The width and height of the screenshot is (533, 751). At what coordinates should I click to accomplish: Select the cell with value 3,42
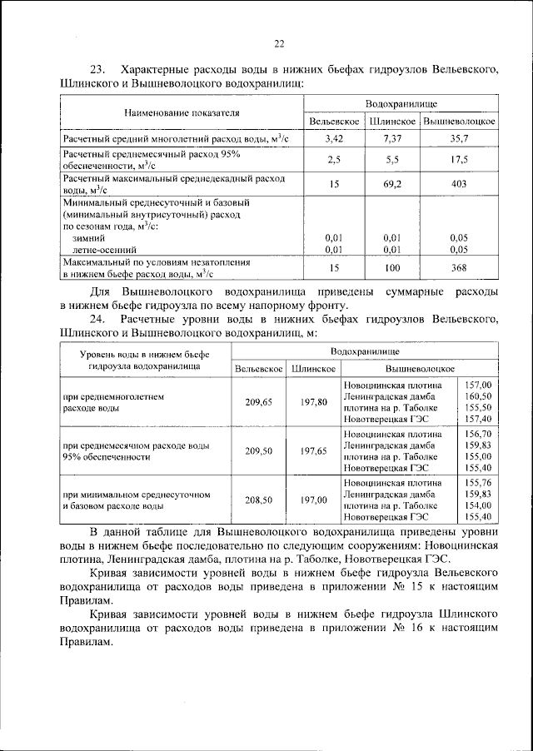tap(334, 137)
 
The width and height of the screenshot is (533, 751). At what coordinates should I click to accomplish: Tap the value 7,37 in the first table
tap(392, 137)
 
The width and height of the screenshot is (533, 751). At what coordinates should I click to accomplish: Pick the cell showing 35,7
tap(459, 137)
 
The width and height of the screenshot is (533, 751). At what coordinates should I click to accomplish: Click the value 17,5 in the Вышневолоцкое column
tap(459, 159)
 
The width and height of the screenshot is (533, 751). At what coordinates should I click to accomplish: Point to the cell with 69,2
tap(392, 183)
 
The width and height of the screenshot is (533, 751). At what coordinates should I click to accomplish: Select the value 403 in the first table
tap(459, 183)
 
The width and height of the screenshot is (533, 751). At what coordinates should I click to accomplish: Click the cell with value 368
tap(459, 267)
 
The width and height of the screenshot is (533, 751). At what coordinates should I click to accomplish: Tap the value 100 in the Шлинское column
tap(392, 267)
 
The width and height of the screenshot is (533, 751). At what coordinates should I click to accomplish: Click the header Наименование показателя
tap(182, 112)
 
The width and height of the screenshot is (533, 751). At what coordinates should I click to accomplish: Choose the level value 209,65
tap(258, 402)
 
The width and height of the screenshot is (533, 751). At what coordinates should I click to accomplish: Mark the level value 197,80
tap(313, 402)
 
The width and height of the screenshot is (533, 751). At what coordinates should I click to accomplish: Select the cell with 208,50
tap(258, 500)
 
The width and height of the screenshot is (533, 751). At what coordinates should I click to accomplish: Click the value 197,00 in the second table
tap(313, 500)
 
